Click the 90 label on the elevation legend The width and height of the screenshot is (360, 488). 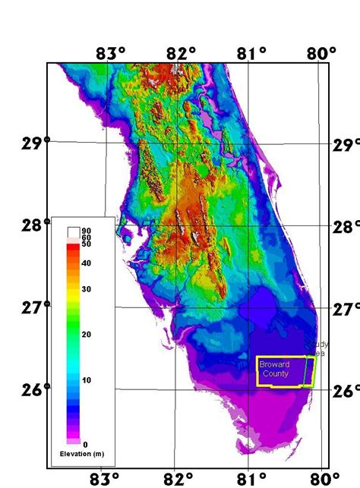coord(87,230)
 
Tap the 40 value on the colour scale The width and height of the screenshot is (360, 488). coord(87,263)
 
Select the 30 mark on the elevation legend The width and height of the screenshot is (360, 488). coord(87,289)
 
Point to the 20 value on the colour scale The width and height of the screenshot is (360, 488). coord(87,334)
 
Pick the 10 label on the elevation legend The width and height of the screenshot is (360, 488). coord(87,379)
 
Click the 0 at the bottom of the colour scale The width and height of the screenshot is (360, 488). coord(85,444)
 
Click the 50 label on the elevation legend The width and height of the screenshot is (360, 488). coord(87,244)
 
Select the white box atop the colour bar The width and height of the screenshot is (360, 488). coord(74,231)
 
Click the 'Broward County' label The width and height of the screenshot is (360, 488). coord(274,370)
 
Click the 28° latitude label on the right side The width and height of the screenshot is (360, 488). coord(346,227)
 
